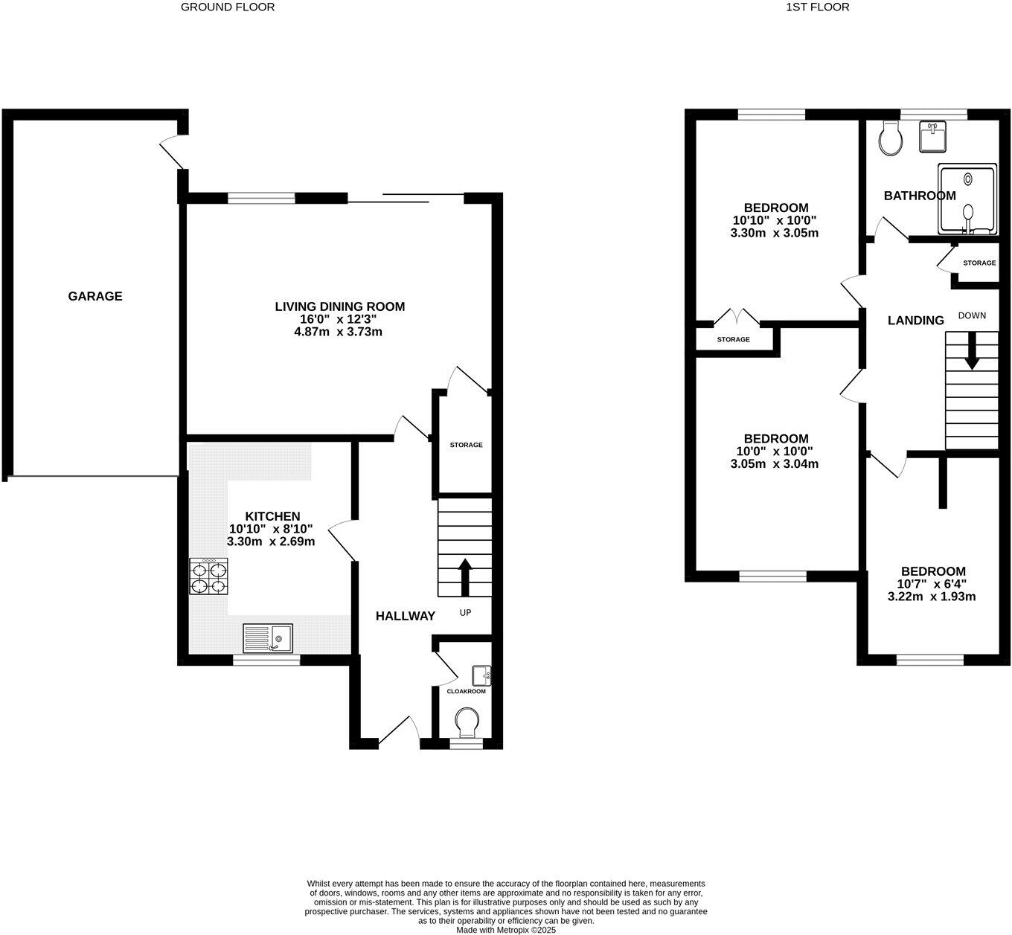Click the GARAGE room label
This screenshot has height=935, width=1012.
(95, 296)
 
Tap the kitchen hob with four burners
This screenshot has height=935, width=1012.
(208, 576)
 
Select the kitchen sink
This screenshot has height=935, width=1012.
(267, 638)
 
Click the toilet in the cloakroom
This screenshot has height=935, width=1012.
(467, 721)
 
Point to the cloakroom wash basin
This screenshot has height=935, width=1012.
(481, 675)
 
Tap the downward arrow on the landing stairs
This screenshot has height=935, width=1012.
(971, 350)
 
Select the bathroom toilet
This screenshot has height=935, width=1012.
(890, 138)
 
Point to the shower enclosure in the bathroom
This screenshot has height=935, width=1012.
(967, 199)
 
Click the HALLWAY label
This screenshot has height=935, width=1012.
(405, 616)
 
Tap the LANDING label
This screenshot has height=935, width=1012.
(915, 321)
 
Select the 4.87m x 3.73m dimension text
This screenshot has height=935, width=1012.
(339, 332)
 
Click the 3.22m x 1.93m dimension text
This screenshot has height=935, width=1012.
(932, 597)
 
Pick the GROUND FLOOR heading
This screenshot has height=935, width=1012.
(228, 7)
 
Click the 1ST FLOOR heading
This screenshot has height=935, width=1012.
(817, 7)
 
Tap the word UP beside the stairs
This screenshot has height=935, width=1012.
(465, 613)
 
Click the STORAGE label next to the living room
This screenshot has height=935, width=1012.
(466, 445)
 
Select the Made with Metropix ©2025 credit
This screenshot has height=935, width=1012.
(506, 930)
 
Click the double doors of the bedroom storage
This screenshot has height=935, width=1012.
(737, 318)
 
